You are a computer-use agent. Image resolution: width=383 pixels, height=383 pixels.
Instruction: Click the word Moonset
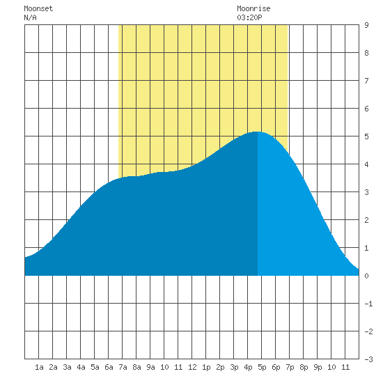(38, 9)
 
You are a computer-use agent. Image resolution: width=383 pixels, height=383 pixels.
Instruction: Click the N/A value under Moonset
(30, 17)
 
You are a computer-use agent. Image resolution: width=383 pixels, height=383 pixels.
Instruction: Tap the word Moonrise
(253, 9)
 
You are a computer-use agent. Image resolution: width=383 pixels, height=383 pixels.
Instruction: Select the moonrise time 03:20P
(249, 17)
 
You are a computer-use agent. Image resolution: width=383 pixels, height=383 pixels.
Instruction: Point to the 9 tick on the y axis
(366, 25)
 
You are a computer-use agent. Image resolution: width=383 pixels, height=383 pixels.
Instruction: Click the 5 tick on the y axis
(366, 136)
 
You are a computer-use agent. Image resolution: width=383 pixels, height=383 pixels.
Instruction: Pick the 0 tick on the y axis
(366, 276)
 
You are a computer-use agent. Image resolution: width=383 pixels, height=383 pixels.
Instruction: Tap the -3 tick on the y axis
(368, 359)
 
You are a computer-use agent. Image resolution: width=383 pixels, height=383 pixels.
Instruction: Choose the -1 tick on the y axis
(368, 304)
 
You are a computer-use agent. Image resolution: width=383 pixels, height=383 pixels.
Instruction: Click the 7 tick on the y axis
(366, 81)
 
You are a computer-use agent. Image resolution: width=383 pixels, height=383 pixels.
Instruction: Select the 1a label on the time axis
(39, 367)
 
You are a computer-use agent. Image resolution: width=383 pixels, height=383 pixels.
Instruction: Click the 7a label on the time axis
(123, 367)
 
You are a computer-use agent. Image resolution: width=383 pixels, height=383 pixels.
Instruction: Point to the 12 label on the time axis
(192, 367)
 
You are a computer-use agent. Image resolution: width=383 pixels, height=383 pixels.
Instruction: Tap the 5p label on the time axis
(262, 367)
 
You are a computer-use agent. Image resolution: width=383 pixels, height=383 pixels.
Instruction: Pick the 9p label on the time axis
(318, 367)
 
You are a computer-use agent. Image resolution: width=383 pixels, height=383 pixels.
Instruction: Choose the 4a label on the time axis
(81, 367)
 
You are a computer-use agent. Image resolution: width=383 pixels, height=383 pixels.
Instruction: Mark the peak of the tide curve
(257, 132)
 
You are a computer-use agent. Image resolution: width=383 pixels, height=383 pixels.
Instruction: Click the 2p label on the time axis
(220, 367)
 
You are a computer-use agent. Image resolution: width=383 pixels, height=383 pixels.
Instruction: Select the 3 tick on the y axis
(366, 192)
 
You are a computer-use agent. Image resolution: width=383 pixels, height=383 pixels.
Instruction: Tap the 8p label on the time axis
(304, 367)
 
